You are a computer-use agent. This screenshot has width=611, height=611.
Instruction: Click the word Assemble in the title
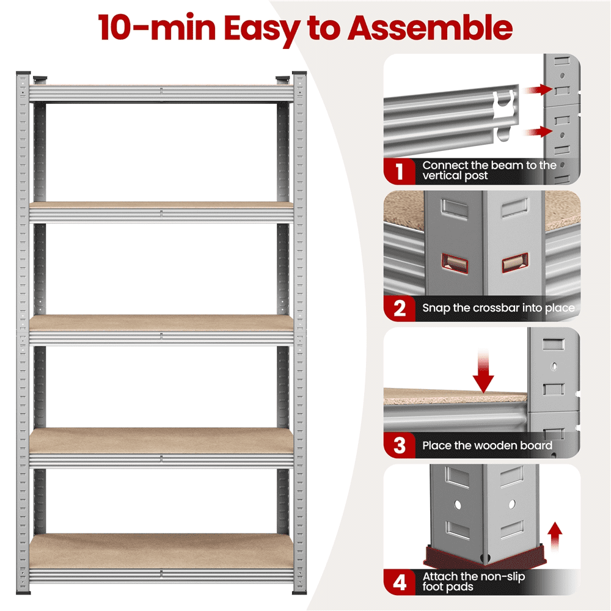tap(430, 27)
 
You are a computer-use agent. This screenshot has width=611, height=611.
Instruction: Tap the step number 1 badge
tap(400, 171)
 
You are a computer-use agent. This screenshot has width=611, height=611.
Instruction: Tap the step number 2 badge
tap(400, 308)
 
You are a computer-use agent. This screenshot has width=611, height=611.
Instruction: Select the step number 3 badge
tap(400, 445)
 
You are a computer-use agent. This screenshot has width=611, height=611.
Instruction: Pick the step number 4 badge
tap(400, 582)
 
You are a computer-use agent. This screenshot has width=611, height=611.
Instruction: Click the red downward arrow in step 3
tap(483, 371)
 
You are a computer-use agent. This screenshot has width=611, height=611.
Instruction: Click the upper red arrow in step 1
tap(538, 90)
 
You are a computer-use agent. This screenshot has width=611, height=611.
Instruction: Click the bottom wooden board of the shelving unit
tap(161, 551)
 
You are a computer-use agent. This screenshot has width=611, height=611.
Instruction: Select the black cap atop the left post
tap(23, 73)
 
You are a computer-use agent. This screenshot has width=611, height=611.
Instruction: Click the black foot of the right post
tap(299, 592)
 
